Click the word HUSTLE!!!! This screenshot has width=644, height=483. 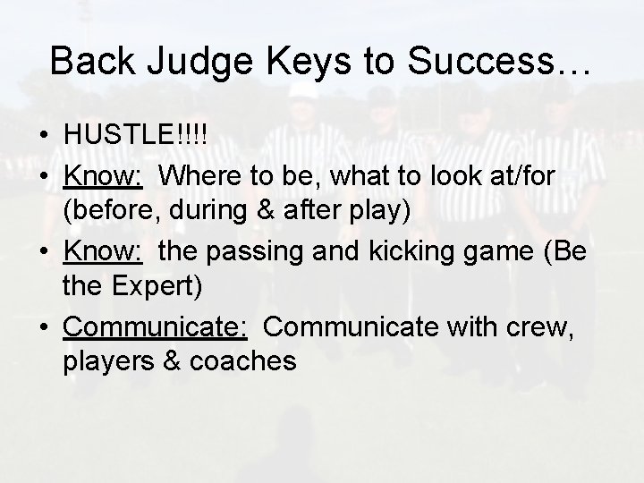[135, 133]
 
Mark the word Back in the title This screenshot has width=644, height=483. [88, 61]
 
